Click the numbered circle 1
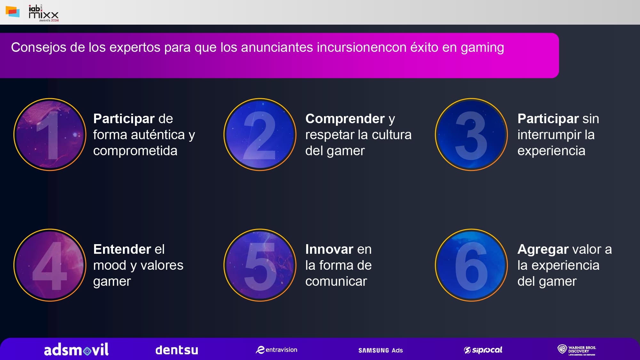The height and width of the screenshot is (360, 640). point(50,134)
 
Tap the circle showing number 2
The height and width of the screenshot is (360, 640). point(260,134)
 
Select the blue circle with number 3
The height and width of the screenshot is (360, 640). point(471,134)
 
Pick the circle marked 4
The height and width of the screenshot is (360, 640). point(50,265)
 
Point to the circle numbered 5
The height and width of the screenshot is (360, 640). point(260,265)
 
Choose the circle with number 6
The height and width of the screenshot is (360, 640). point(471,265)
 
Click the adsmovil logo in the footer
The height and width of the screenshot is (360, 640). point(76,350)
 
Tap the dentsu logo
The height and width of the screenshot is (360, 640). point(177,350)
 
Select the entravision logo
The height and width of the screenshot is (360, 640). point(276,350)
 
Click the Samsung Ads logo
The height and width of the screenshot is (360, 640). point(380,350)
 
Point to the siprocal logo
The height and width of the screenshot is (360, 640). point(483,350)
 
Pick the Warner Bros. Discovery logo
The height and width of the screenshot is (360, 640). point(577,350)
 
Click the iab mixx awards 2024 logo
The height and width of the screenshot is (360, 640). point(44,13)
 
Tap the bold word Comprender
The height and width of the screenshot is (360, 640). point(345,119)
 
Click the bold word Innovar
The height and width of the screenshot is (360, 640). point(329,249)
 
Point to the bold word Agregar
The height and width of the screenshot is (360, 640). point(543,249)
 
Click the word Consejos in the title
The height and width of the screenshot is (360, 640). point(39,47)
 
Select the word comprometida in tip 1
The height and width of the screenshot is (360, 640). point(135,151)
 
